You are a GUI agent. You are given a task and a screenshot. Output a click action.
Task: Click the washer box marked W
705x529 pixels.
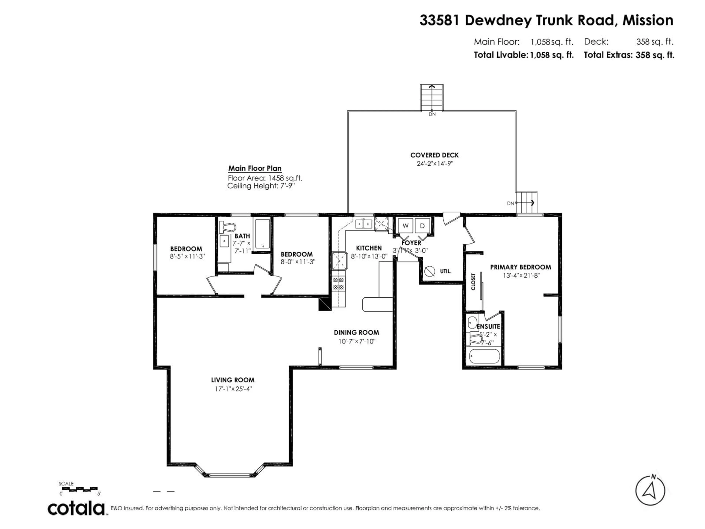click(x=405, y=226)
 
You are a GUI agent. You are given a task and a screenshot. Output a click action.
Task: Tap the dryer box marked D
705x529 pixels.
click(x=422, y=226)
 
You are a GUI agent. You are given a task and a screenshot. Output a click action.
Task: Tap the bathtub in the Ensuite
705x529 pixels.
click(x=484, y=356)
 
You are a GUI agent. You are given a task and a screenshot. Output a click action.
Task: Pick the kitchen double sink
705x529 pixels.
click(x=364, y=224)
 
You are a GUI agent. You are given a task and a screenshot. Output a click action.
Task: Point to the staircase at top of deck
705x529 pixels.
click(x=432, y=97)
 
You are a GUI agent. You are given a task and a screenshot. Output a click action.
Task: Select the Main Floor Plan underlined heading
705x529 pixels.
click(x=255, y=168)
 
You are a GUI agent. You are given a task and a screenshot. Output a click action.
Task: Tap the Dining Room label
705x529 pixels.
click(x=356, y=332)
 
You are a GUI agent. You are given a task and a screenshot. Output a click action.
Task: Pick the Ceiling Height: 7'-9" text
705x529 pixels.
click(x=261, y=186)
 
